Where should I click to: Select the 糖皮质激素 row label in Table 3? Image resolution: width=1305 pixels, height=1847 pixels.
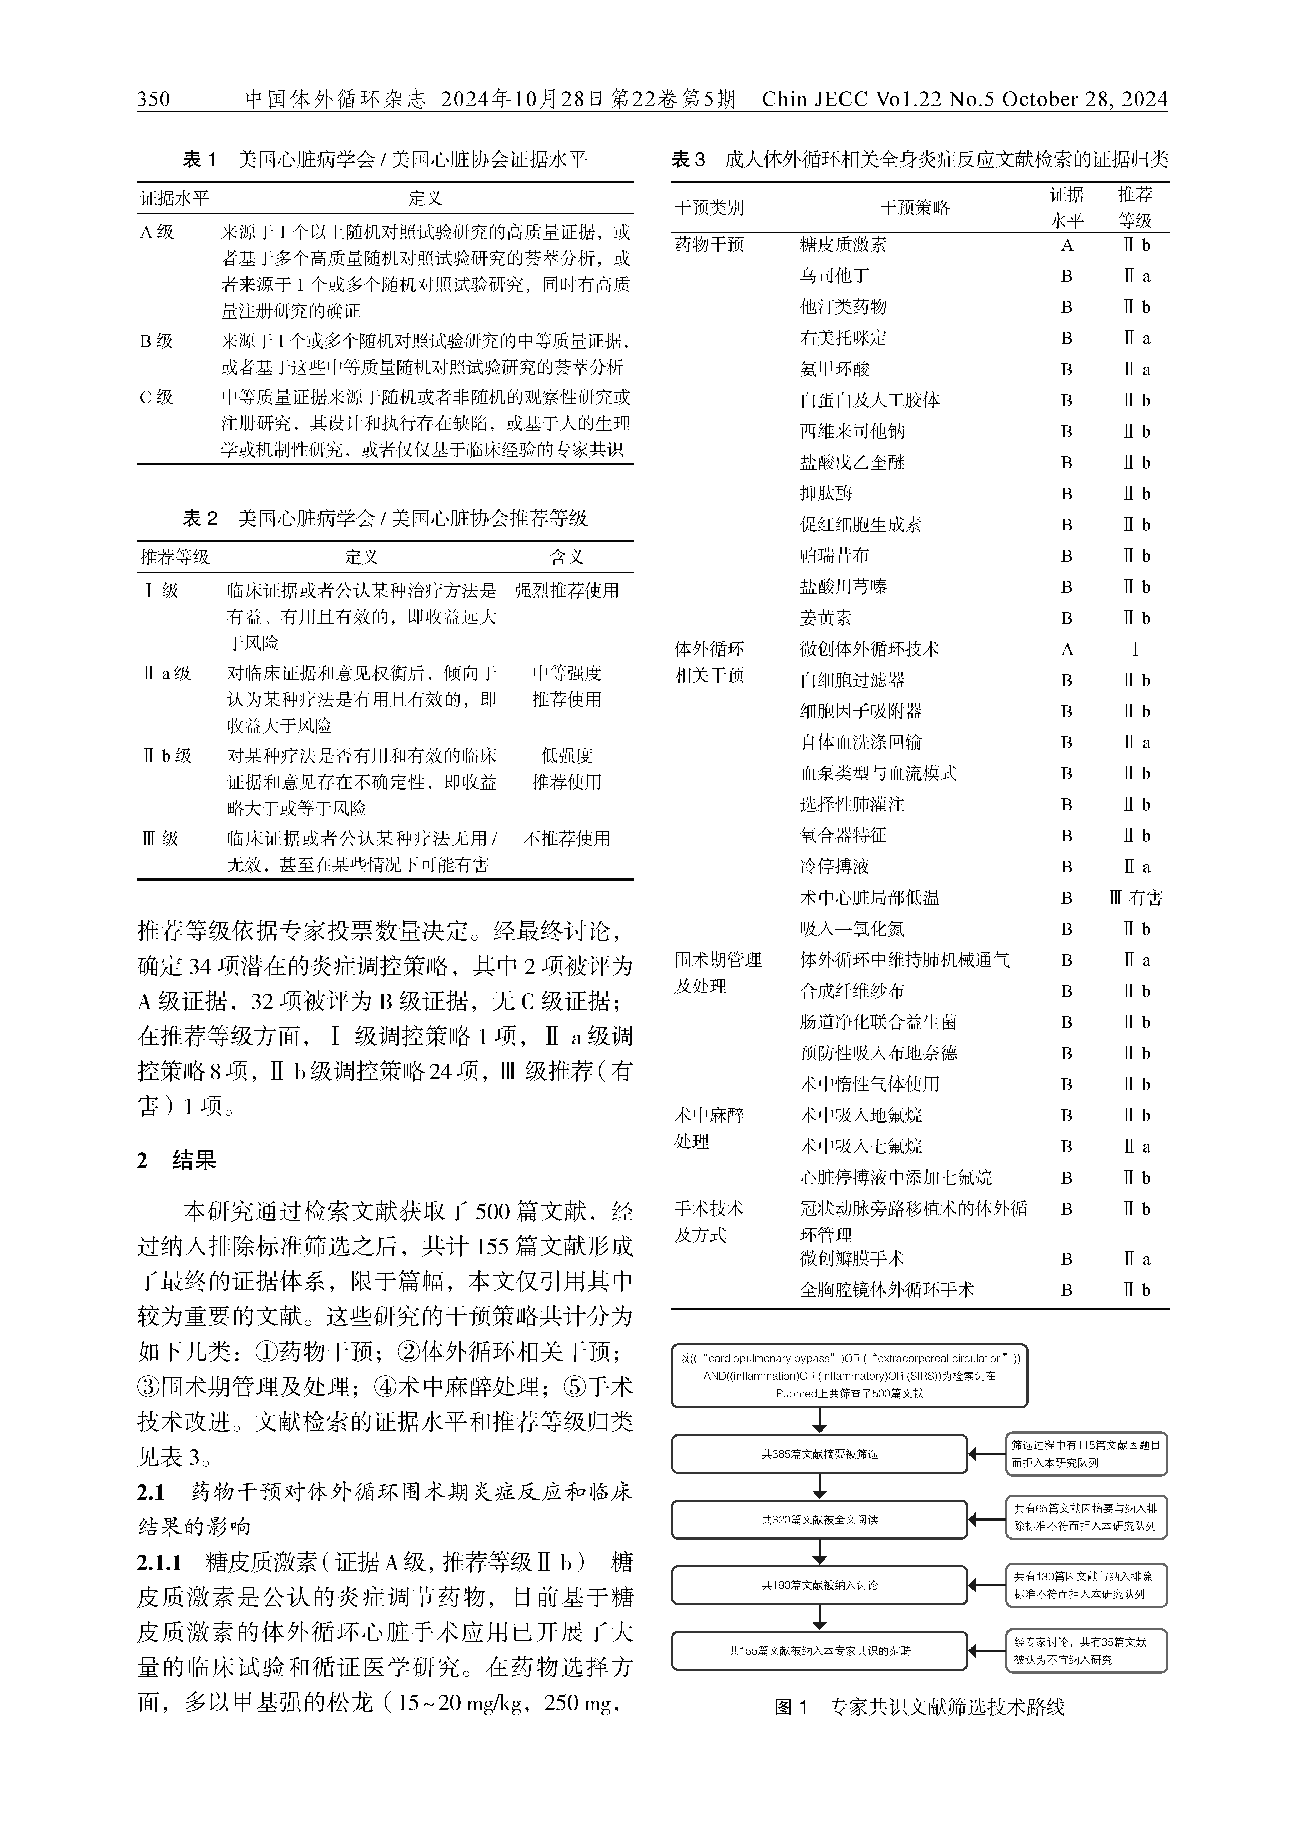843,245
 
